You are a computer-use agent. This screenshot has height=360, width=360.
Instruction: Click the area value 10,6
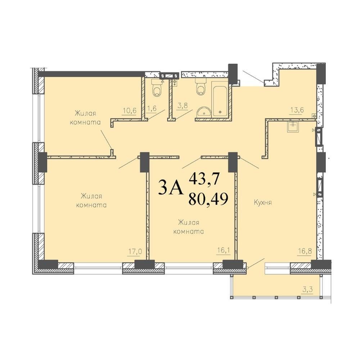click(130, 111)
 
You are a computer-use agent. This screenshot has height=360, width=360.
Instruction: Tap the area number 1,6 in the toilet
click(152, 108)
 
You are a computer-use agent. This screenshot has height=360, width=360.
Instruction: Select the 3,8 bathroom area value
click(183, 106)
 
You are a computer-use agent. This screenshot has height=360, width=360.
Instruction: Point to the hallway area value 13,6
click(297, 110)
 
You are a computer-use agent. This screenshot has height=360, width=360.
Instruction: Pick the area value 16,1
click(221, 250)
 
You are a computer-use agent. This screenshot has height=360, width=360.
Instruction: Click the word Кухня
click(263, 202)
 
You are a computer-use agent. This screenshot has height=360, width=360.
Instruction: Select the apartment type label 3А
click(171, 187)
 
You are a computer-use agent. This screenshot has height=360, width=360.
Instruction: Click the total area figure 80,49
click(208, 199)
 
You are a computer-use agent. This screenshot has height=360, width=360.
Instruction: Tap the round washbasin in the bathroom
click(203, 112)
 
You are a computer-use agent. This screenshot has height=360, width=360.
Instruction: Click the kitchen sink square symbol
click(293, 126)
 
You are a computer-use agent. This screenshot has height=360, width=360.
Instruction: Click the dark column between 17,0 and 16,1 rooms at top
click(145, 162)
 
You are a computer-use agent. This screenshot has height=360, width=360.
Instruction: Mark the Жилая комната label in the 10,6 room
click(85, 118)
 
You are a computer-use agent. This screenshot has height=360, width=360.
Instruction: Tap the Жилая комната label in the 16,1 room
click(189, 227)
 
